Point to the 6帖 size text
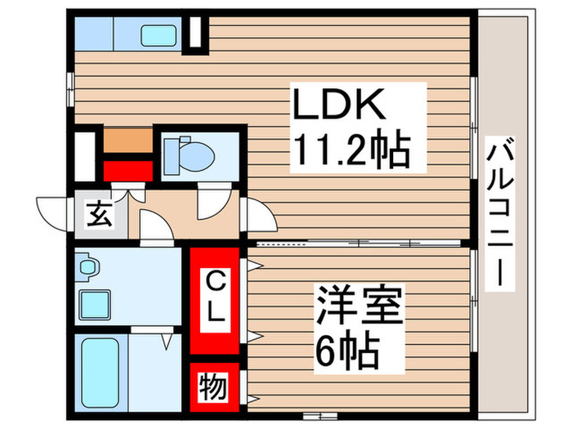tap(347, 353)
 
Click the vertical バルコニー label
tap(501, 213)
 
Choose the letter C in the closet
tap(214, 284)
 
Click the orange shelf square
tap(127, 141)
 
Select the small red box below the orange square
tap(127, 170)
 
